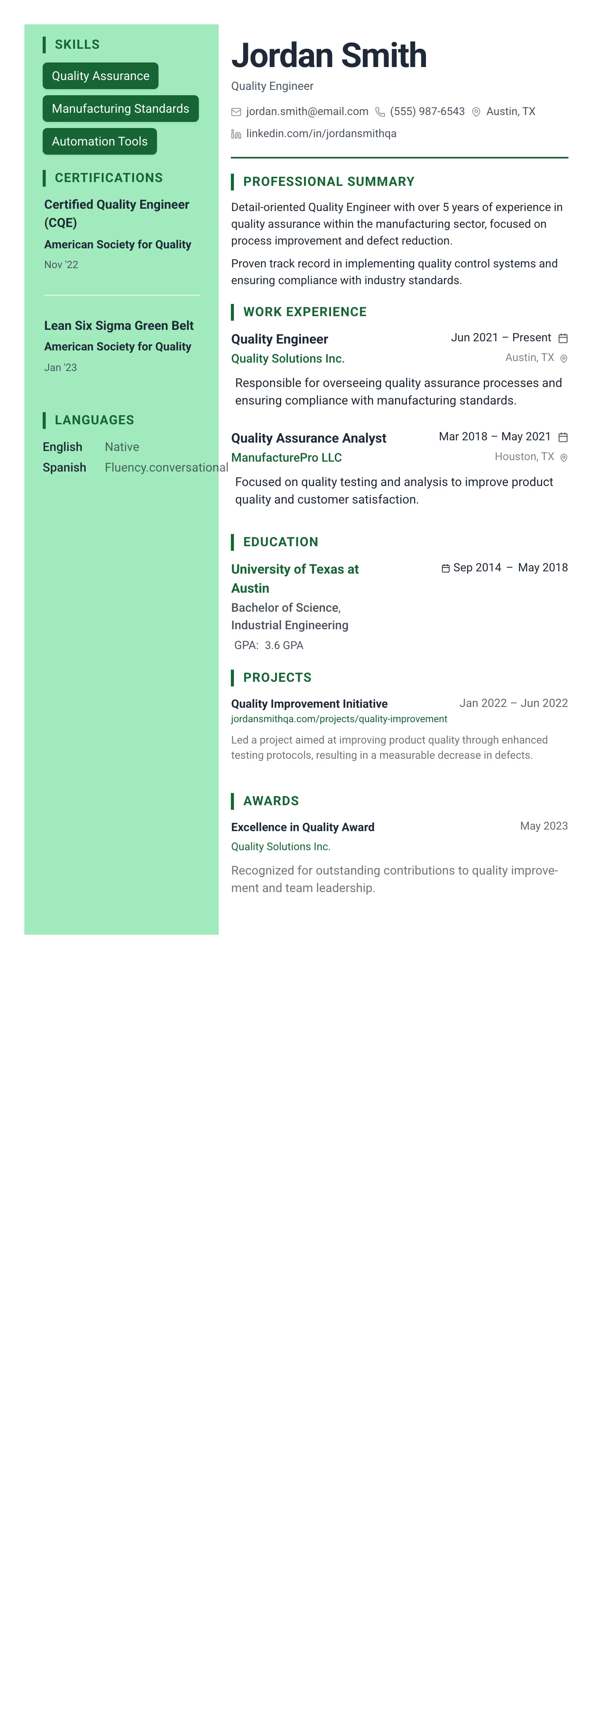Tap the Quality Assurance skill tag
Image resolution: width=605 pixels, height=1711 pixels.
pos(100,76)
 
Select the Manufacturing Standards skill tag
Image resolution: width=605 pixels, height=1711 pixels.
pos(120,108)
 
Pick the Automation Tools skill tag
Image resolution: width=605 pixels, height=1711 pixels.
pos(99,141)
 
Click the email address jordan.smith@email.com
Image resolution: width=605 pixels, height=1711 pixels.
pos(307,112)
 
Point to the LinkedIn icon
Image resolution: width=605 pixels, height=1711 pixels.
pos(236,134)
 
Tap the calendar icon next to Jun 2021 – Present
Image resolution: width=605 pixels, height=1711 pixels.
pos(562,338)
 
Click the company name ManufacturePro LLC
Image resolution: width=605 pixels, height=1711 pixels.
pos(286,457)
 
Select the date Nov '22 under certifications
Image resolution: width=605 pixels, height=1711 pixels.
pos(61,264)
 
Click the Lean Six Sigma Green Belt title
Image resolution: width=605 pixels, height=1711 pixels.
pos(119,325)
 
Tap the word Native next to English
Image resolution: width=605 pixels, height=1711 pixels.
pos(122,447)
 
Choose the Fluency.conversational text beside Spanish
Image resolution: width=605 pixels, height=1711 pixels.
pos(166,468)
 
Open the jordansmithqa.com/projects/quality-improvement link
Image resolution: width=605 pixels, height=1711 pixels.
pos(339,720)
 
